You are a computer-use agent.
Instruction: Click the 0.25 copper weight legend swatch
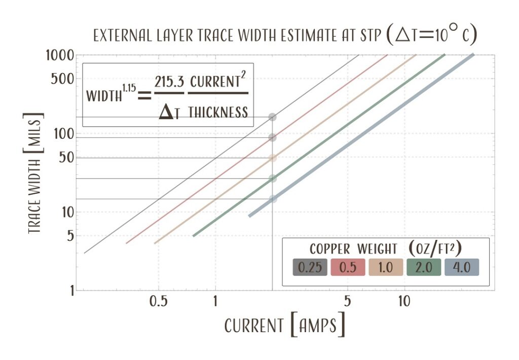click(310, 267)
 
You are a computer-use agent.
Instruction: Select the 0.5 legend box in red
click(348, 267)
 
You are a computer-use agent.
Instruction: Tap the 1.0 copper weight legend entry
click(386, 267)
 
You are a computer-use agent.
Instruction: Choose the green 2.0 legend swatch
click(424, 267)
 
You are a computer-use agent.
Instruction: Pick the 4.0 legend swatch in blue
click(462, 267)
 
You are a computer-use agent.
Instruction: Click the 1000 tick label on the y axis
click(60, 55)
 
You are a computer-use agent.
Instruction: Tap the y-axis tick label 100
click(64, 134)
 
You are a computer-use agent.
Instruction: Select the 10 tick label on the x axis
click(403, 303)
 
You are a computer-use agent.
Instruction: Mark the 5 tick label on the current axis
click(347, 303)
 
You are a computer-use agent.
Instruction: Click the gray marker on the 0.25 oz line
click(273, 117)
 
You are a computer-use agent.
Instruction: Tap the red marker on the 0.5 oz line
click(273, 137)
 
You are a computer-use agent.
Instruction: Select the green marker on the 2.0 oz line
click(273, 178)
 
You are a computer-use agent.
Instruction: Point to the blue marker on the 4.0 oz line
click(273, 198)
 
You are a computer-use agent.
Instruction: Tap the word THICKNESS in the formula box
click(218, 112)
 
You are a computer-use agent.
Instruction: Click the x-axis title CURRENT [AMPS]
click(285, 325)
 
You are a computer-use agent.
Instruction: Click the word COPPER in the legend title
click(330, 249)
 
